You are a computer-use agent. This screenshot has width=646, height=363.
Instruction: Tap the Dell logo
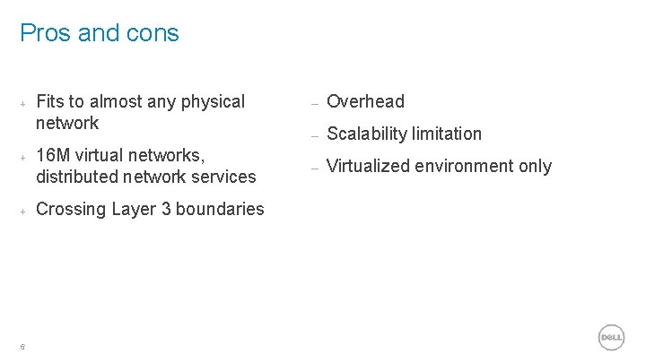click(x=611, y=337)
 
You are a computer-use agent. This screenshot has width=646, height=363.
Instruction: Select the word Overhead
click(x=365, y=101)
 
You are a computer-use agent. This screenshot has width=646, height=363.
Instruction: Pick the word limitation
click(x=448, y=134)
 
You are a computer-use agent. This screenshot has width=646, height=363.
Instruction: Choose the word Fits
click(x=50, y=101)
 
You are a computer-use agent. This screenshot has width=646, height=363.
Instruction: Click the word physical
click(x=213, y=101)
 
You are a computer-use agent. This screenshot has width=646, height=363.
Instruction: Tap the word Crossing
click(x=71, y=209)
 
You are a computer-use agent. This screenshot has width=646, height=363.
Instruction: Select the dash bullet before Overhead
click(x=314, y=103)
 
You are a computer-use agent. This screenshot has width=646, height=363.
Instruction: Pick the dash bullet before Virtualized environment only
click(x=314, y=168)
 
